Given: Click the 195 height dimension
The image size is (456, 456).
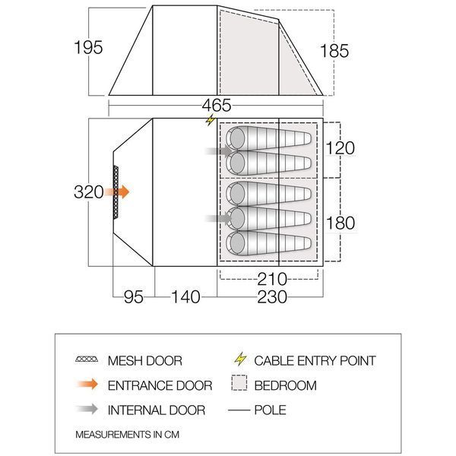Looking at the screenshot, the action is tap(88, 47).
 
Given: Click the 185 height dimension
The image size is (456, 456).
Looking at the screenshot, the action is tap(334, 51).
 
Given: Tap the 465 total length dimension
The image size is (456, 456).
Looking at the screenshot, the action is tap(217, 106).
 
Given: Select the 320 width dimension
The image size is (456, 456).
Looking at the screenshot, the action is tap(89, 192).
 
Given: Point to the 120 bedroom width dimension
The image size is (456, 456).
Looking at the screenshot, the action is tap(340, 147).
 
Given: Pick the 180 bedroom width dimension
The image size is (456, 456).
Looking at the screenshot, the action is tap(340, 223).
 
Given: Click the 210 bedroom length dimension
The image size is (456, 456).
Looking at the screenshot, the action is tap(272, 279).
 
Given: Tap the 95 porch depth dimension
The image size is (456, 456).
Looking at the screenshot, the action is tap(134, 297).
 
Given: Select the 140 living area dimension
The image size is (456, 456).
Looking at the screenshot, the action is tap(186, 297).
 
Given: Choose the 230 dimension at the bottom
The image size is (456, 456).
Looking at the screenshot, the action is tap(272, 297).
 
